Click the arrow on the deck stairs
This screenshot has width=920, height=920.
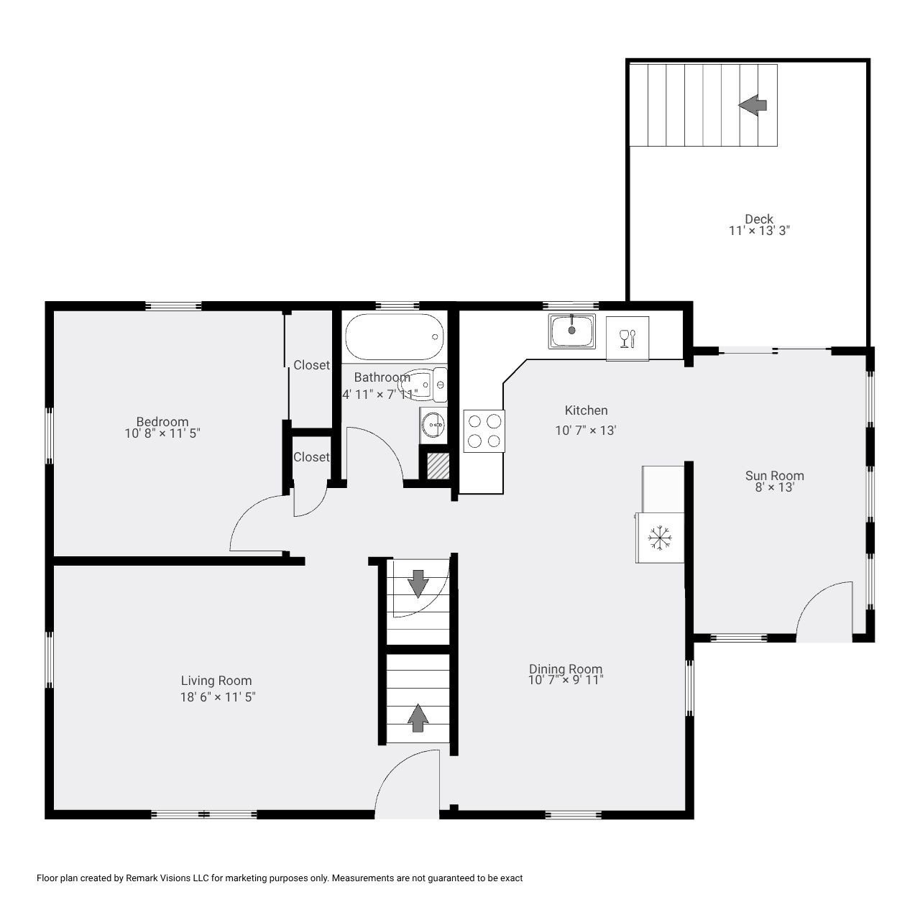tap(753, 105)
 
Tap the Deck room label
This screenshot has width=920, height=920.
tap(759, 219)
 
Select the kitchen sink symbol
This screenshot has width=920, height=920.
tap(572, 331)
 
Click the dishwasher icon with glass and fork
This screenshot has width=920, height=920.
tap(627, 338)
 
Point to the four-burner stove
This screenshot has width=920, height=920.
tap(484, 431)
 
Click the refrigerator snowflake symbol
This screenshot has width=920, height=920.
tap(660, 538)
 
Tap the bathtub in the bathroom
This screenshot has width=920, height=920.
tap(394, 337)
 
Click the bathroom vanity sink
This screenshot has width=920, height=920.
tap(433, 425)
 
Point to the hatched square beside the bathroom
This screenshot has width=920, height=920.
tap(438, 466)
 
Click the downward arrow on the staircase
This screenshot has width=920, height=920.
tap(418, 583)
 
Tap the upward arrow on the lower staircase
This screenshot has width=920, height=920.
tap(418, 718)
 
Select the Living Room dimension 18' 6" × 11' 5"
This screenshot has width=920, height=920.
tap(218, 696)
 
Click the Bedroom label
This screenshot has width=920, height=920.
tap(162, 422)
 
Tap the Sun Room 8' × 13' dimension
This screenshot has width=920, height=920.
tap(774, 487)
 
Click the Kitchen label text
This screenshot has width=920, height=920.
tap(586, 410)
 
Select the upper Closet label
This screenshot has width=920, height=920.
tap(311, 365)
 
